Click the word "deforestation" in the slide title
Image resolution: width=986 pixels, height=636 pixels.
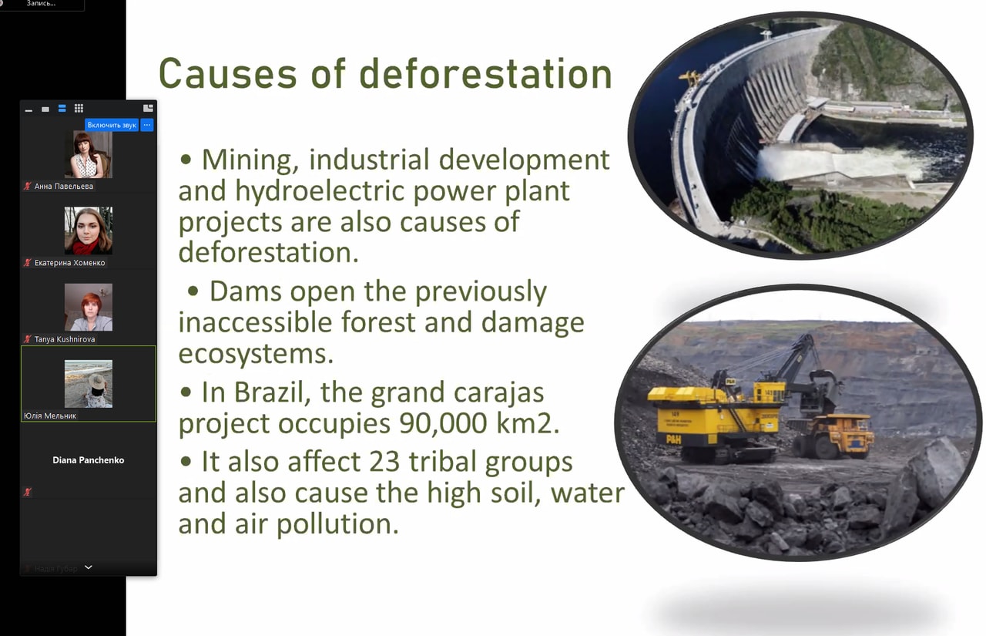coord(485,73)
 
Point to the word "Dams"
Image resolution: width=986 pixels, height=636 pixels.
coord(245,291)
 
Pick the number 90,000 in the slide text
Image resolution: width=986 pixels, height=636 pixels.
coord(443,424)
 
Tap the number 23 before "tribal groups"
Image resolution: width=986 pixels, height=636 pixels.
coord(383,462)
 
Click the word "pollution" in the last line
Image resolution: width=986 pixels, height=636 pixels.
coord(337,524)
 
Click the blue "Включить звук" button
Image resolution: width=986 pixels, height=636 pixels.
coord(112,125)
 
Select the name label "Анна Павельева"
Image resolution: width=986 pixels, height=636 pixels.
coord(64,187)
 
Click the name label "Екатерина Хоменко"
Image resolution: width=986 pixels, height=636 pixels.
coord(69,263)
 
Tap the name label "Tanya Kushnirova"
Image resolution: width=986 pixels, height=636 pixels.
coord(65,339)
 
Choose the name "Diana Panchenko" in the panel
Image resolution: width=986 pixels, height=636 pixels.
coord(89,460)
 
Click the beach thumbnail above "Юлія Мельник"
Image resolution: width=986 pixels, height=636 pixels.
coord(89,384)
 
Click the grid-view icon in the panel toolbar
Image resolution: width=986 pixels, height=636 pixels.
coord(79,109)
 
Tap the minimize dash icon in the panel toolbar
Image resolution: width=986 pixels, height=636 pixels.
coord(29,110)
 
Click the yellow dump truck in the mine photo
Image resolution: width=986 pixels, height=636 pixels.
coord(832,436)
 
